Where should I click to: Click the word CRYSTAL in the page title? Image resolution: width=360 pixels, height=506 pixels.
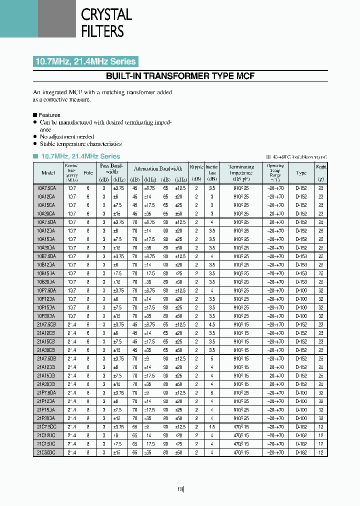[106, 14]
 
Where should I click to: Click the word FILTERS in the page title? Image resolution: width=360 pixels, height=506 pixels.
[102, 31]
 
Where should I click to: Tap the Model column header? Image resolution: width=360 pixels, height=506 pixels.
[48, 173]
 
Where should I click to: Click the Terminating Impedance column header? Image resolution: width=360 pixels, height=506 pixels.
[241, 172]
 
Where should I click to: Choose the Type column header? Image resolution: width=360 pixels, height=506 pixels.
[301, 173]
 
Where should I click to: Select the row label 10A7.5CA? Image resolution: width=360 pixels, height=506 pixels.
[46, 188]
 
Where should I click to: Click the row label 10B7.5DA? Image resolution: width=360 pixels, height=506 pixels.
[46, 256]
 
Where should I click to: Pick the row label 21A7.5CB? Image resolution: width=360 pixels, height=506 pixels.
[46, 324]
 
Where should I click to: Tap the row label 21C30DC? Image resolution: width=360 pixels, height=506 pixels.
[46, 452]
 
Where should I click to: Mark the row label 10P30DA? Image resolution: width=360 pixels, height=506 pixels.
[46, 316]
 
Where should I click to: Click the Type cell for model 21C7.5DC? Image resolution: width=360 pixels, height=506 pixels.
[301, 426]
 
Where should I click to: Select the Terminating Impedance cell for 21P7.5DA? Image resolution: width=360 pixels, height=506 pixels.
[241, 392]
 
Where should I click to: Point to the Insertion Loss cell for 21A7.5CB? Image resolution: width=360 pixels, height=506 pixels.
[212, 324]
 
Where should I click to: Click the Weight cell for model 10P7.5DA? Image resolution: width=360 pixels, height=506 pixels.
[320, 290]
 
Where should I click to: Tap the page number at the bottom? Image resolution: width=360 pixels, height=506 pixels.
[181, 489]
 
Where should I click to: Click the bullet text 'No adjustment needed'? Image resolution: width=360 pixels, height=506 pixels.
[66, 136]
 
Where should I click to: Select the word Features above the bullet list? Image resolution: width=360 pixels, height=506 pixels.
[49, 115]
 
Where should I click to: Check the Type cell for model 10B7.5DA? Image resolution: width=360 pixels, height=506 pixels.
[301, 256]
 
